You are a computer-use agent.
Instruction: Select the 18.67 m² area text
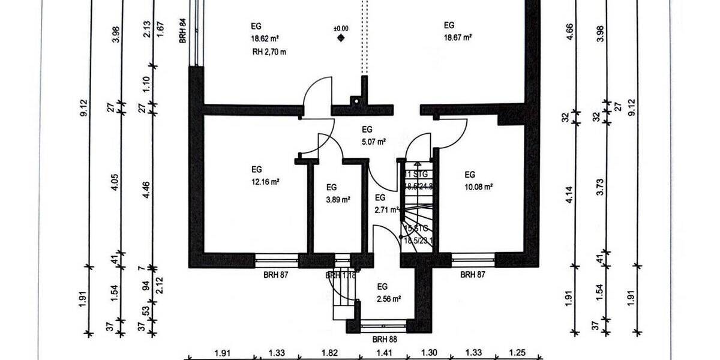[x=458, y=37]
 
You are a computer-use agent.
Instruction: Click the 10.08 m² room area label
[x=478, y=187]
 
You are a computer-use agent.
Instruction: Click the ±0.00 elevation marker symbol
[x=341, y=38]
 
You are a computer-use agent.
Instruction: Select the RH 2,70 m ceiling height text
[x=269, y=52]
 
